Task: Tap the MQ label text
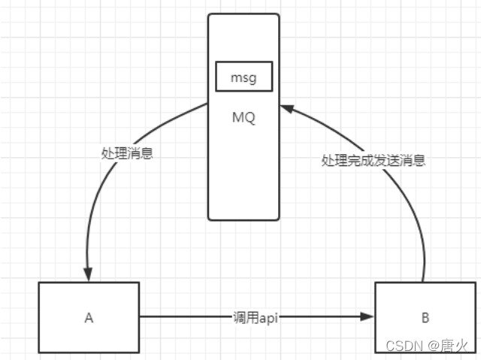tap(244, 118)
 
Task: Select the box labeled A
tap(89, 317)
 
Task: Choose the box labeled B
tap(425, 317)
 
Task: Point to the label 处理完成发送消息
tap(373, 160)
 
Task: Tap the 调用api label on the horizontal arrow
tap(254, 318)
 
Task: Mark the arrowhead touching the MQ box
tap(286, 110)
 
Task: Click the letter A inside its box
tap(89, 318)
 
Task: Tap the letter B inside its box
tap(425, 318)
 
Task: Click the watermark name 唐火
tap(454, 346)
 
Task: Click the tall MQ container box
tap(244, 173)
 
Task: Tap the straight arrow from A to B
tap(188, 317)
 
